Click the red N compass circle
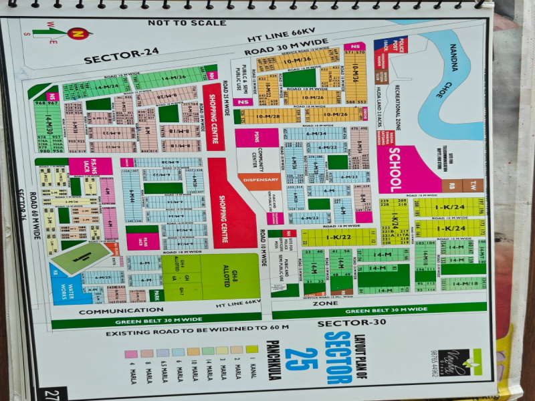click(78, 32)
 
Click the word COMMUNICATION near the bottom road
click(112, 311)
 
